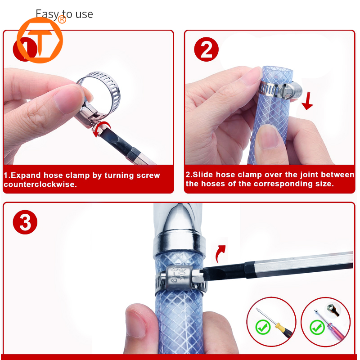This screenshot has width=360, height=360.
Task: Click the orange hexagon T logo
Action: coord(40,40)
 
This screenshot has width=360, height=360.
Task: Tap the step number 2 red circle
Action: coord(206,50)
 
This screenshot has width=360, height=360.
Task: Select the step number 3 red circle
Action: coord(25,222)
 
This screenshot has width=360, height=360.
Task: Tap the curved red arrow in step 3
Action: coord(220,255)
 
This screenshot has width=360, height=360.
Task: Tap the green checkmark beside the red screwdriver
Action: coord(318,327)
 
